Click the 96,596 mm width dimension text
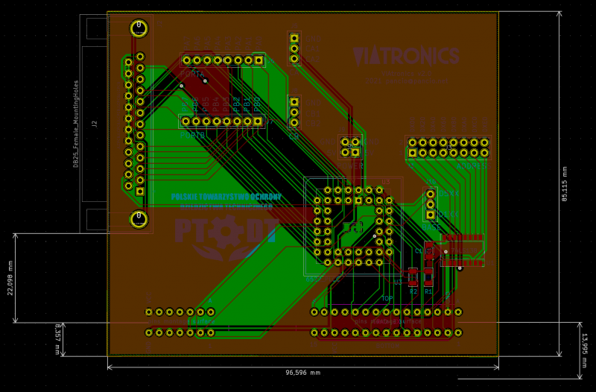tap(302, 373)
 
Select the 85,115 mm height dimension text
tap(565, 183)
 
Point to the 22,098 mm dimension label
tap(10, 278)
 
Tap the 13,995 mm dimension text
tap(584, 350)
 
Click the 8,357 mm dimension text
tap(57, 339)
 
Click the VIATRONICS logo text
tap(406, 57)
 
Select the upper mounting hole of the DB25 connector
tap(139, 28)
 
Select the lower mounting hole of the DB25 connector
tap(139, 219)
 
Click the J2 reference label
tap(95, 124)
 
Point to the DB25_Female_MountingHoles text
tap(76, 124)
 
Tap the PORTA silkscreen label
tap(192, 75)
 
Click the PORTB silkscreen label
tap(192, 135)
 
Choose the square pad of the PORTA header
tap(259, 60)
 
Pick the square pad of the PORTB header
tap(258, 121)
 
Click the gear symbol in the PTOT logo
tap(224, 233)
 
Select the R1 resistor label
tap(428, 291)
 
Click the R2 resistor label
tap(413, 291)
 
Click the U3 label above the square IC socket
tap(385, 182)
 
